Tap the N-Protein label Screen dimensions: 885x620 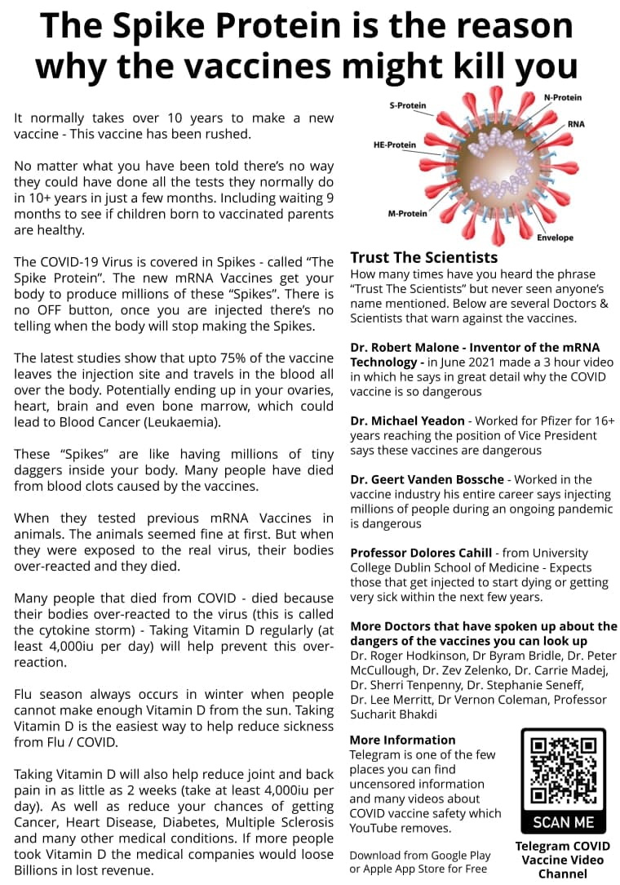562,98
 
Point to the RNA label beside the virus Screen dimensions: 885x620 576,125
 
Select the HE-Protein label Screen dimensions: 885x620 395,145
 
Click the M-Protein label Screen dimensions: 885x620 407,214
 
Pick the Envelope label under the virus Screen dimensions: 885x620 555,238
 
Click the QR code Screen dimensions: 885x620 563,771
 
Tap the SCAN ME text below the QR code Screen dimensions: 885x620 563,821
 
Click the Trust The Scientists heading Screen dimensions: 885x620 423,257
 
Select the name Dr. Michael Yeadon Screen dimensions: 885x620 407,421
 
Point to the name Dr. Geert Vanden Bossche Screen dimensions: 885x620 428,479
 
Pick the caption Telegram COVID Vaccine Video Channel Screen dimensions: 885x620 563,860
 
